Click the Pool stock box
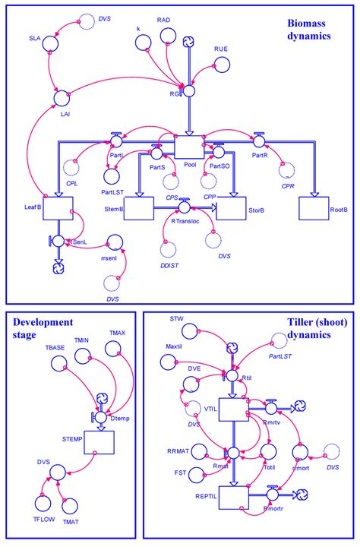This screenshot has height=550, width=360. pos(191,148)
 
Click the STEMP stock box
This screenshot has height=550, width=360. pos(99,441)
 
